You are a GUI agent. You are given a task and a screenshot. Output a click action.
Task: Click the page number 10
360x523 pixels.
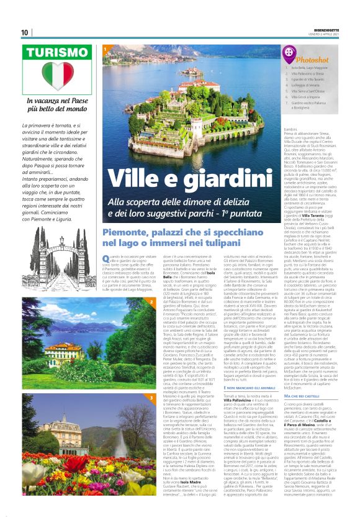pos(24,32)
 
